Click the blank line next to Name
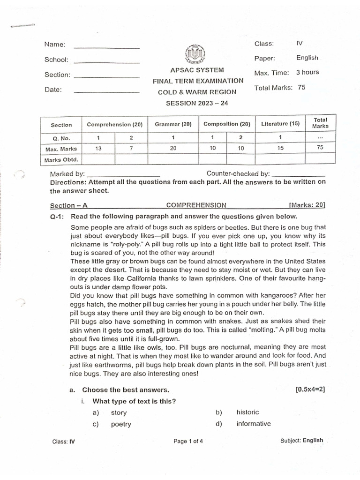[x=106, y=48]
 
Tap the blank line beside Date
[x=106, y=92]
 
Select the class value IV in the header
[x=300, y=44]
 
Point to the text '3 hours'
[x=307, y=72]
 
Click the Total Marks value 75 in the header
[x=301, y=87]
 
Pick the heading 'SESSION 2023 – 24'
[x=194, y=103]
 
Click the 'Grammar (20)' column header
[x=173, y=124]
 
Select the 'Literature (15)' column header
[x=280, y=124]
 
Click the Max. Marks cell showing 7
[x=131, y=148]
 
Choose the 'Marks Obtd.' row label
[x=61, y=159]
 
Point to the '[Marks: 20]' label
[x=307, y=205]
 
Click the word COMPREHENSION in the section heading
[x=196, y=205]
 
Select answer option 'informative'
[x=253, y=424]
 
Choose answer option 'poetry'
[x=120, y=424]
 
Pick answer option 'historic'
[x=247, y=412]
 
